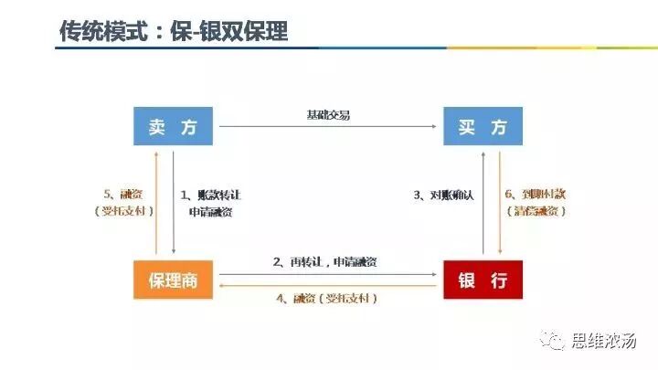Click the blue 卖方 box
(174, 127)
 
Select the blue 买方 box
(483, 127)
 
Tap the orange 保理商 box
(174, 280)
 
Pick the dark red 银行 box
(483, 280)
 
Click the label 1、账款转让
(211, 195)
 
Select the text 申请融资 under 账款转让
(211, 212)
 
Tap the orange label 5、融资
(123, 195)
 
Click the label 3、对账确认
(443, 195)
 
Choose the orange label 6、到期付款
(536, 195)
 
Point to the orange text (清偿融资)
(536, 211)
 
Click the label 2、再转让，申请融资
(325, 262)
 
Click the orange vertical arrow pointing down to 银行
(498, 203)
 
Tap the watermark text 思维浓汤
(603, 342)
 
